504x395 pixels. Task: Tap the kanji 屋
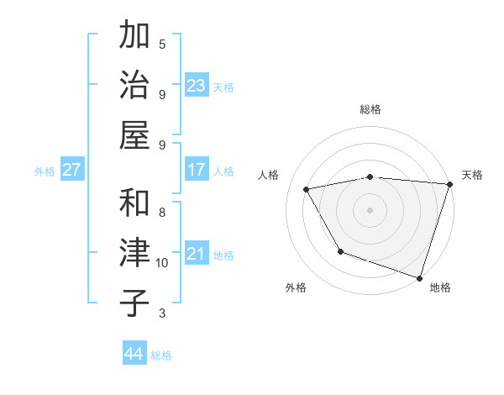click(134, 135)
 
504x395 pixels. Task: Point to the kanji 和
click(134, 203)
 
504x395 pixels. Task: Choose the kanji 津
click(134, 253)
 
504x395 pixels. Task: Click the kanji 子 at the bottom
click(134, 303)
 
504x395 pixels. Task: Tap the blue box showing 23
click(197, 86)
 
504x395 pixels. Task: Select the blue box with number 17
click(197, 170)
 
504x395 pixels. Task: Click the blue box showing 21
click(197, 254)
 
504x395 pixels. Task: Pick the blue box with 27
click(72, 170)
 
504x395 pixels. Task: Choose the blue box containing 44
click(134, 354)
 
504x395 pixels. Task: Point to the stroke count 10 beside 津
click(162, 263)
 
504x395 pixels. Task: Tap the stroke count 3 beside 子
click(162, 313)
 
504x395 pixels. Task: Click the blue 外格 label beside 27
click(45, 171)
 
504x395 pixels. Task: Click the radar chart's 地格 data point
click(419, 277)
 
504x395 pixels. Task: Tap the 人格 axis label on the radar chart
click(269, 175)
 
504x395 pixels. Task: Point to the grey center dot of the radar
click(370, 209)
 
